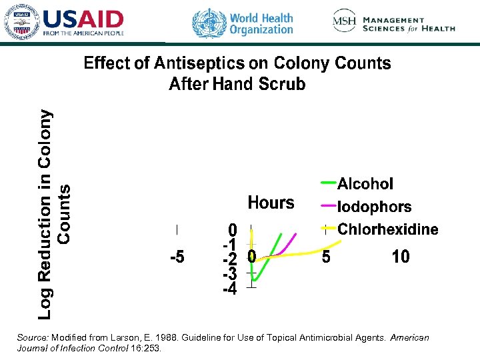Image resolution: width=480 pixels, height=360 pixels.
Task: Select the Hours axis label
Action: click(x=271, y=203)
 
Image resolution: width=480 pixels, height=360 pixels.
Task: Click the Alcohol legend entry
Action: click(x=365, y=183)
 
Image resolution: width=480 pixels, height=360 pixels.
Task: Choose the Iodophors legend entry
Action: click(x=374, y=207)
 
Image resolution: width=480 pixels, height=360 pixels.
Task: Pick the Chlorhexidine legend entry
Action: click(x=387, y=229)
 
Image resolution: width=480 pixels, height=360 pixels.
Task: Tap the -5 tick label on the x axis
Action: click(x=177, y=257)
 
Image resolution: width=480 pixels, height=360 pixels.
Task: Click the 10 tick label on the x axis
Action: click(x=401, y=257)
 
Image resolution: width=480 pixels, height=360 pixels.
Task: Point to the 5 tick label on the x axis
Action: click(x=325, y=257)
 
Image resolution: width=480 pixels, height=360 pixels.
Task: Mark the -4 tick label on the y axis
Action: click(x=229, y=289)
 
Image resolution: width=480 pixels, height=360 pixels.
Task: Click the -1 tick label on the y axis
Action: click(x=229, y=244)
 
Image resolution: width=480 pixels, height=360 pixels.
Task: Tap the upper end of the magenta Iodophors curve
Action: click(x=296, y=233)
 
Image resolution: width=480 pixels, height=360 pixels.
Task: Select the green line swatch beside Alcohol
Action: click(x=328, y=181)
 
